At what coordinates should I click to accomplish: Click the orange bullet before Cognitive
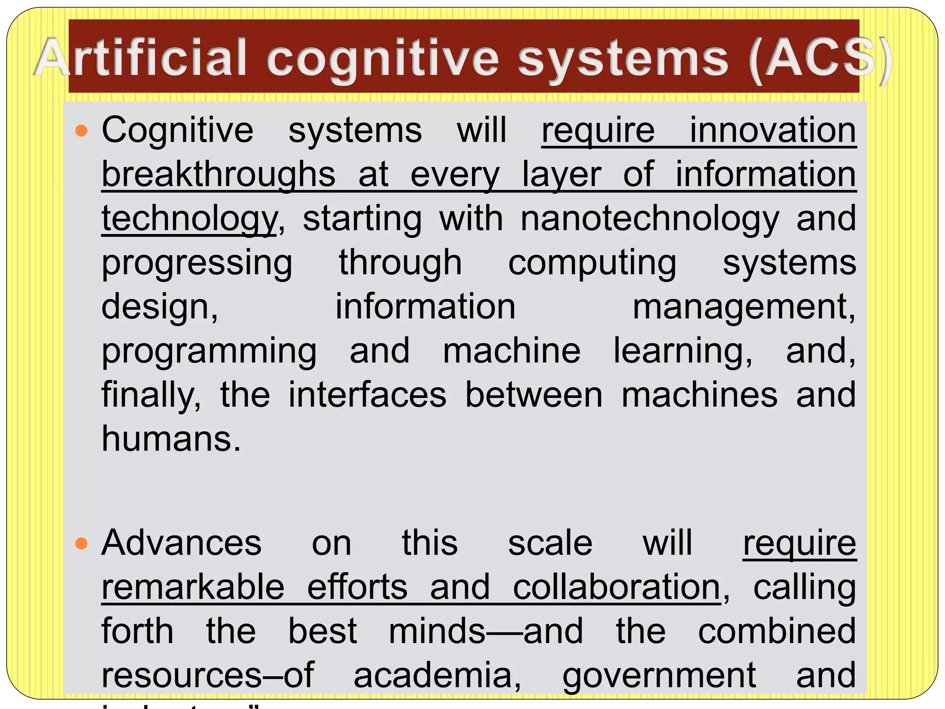tap(81, 131)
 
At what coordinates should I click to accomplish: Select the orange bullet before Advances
tap(81, 544)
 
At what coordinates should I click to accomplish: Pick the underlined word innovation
tap(773, 131)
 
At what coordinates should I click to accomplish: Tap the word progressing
tap(197, 263)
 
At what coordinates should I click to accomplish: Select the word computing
tap(592, 263)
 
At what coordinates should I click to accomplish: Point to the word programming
tap(209, 351)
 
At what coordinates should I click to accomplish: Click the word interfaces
tap(367, 395)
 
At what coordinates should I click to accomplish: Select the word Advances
tap(181, 543)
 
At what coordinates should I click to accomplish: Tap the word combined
tap(777, 631)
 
